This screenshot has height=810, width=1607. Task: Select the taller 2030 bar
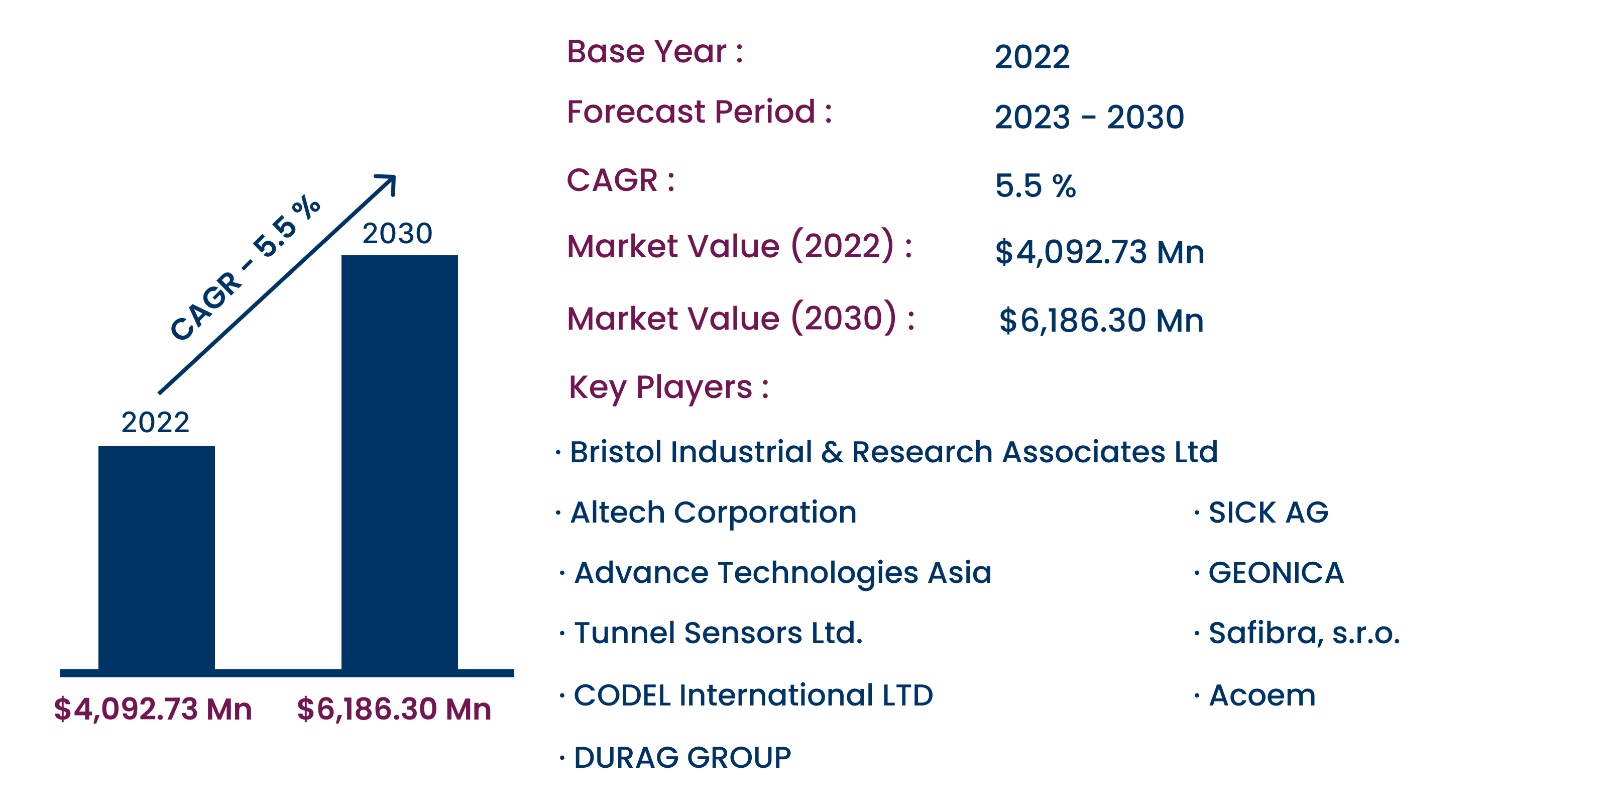point(399,462)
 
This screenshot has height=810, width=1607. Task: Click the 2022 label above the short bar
point(155,423)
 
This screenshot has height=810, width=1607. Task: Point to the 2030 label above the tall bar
point(397,233)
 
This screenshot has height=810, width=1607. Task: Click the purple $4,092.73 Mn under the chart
point(153,709)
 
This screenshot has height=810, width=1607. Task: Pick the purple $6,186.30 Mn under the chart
point(394,709)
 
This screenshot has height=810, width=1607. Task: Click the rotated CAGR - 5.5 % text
point(245,268)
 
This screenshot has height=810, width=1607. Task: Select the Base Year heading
point(655,51)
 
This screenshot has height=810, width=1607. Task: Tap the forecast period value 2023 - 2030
point(1089,117)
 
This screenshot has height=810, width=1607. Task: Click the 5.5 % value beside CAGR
point(1036,185)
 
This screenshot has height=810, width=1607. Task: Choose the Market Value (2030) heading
point(741,318)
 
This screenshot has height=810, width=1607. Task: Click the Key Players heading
point(669,387)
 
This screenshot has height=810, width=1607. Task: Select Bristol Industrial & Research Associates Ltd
point(893,452)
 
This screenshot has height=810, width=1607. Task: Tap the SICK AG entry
point(1268,513)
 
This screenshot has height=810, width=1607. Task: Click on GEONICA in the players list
point(1276,573)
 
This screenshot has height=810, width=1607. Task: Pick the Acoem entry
point(1262,695)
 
